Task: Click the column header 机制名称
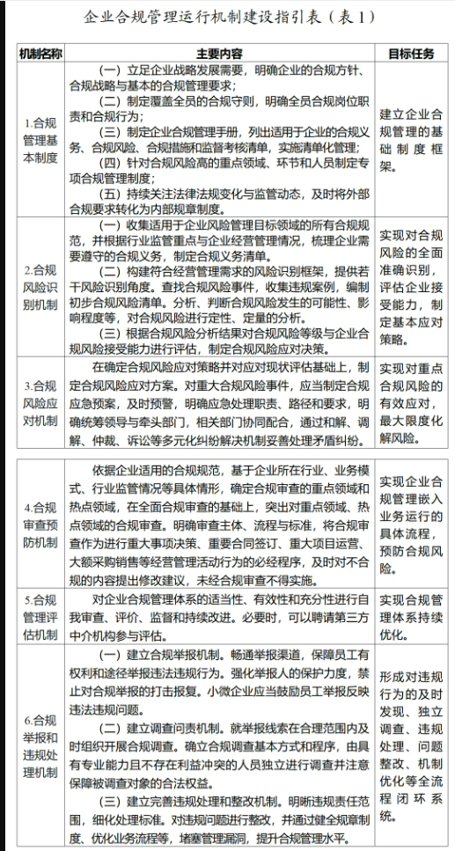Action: (40, 54)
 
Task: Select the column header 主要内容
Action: (219, 54)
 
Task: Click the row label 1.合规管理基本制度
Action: (40, 141)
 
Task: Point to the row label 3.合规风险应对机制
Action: (40, 402)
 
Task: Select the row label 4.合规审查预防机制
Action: (40, 525)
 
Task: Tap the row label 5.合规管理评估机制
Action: (40, 601)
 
